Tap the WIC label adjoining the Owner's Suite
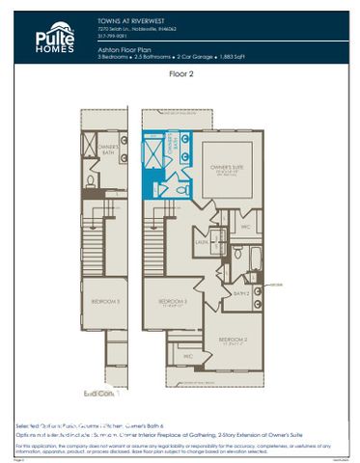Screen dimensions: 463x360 pos(246,228)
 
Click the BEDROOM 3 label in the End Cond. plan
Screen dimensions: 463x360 pos(105,302)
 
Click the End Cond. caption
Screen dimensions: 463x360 pos(99,394)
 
